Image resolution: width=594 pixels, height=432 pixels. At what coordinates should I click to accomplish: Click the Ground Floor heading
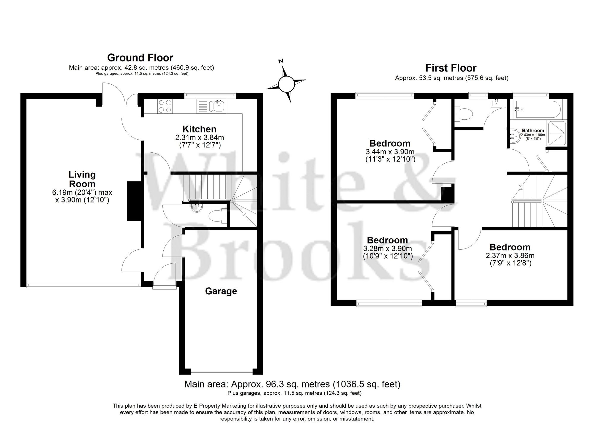(x=140, y=58)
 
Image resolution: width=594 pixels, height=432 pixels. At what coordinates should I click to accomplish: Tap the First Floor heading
(x=451, y=68)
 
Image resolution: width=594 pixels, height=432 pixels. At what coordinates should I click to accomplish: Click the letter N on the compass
(x=281, y=61)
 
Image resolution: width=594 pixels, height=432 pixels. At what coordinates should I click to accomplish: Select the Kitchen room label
(x=199, y=129)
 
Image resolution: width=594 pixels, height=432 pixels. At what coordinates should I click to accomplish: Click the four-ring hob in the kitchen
(x=165, y=106)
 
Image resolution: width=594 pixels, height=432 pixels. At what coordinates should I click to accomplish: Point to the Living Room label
(x=82, y=179)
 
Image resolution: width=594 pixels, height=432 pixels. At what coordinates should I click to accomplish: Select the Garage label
(x=221, y=291)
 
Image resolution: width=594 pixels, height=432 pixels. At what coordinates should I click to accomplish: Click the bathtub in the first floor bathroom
(x=538, y=110)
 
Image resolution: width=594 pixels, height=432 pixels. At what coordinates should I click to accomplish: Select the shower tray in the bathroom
(x=557, y=133)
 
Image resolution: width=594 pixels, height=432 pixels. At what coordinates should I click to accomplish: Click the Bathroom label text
(x=533, y=130)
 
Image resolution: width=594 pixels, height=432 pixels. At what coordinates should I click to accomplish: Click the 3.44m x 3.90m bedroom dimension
(x=390, y=152)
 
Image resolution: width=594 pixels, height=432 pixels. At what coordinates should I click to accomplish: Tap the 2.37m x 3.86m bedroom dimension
(x=510, y=256)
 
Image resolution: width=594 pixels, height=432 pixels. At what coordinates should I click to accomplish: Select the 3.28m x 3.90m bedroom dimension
(x=388, y=249)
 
